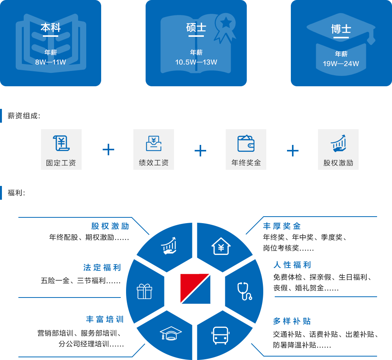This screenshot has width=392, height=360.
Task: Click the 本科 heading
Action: pyautogui.click(x=51, y=28)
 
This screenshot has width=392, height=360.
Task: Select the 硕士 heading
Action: pyautogui.click(x=196, y=28)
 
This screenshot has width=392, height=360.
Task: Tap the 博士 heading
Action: pyautogui.click(x=341, y=29)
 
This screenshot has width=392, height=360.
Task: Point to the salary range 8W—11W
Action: pyautogui.click(x=51, y=62)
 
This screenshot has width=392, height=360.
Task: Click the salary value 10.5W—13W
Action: pyautogui.click(x=196, y=62)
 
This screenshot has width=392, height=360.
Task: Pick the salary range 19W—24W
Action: pyautogui.click(x=341, y=64)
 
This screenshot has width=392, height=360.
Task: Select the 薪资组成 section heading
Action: pyautogui.click(x=24, y=116)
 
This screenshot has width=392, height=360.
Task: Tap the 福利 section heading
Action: pyautogui.click(x=16, y=193)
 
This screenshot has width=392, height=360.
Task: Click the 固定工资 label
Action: pyautogui.click(x=61, y=163)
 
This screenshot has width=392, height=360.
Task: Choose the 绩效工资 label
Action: pyautogui.click(x=154, y=163)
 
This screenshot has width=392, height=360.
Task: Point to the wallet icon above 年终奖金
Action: pyautogui.click(x=246, y=143)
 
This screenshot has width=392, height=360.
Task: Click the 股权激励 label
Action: pyautogui.click(x=338, y=163)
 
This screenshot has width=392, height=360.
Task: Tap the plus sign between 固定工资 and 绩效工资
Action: pyautogui.click(x=108, y=150)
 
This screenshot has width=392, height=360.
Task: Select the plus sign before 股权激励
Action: pyautogui.click(x=293, y=150)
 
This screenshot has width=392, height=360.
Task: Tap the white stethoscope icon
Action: pyautogui.click(x=244, y=291)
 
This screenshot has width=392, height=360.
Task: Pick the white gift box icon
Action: pyautogui.click(x=144, y=291)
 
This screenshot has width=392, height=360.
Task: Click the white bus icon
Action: pyautogui.click(x=220, y=335)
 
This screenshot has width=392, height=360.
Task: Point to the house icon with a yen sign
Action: pyautogui.click(x=221, y=246)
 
